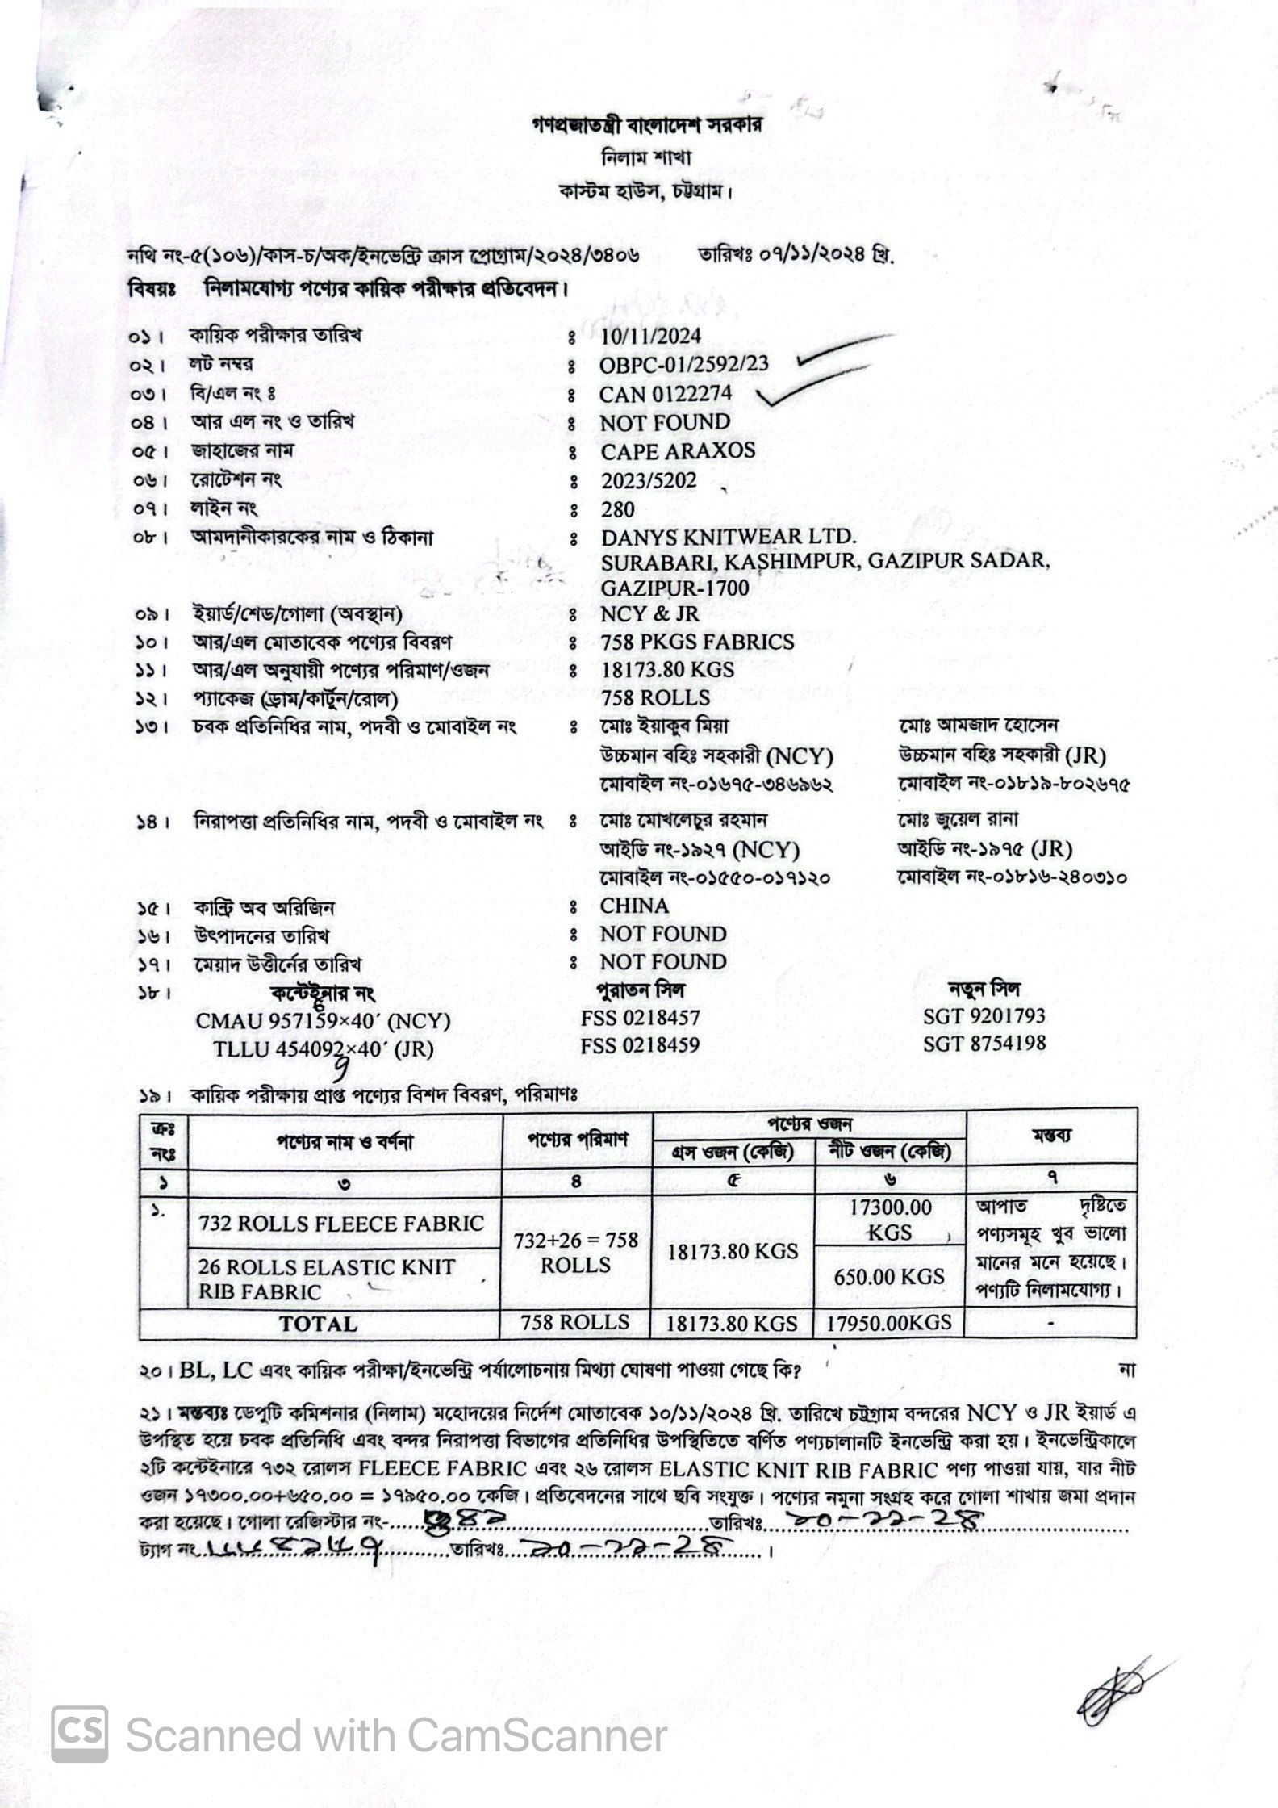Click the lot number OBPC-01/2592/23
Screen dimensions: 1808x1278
pos(683,365)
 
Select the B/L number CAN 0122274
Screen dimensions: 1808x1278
pos(666,394)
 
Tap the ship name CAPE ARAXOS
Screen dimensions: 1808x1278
pos(678,450)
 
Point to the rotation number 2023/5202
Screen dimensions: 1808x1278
pos(648,480)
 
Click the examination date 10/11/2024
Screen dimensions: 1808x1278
pos(651,336)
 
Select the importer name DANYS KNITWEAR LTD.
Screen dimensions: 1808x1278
pos(729,537)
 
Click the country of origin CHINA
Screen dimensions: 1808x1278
pos(634,906)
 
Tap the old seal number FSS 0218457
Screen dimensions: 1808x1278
pos(640,1018)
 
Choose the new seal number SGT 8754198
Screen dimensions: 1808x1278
pos(984,1043)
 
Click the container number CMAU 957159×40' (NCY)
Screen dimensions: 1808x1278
pos(323,1021)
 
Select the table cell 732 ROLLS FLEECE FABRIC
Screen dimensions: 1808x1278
pos(340,1224)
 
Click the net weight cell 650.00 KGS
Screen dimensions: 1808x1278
pos(888,1276)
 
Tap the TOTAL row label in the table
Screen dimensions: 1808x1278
pos(318,1324)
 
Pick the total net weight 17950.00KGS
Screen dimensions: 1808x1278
pos(888,1323)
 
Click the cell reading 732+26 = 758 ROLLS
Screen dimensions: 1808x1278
pos(575,1252)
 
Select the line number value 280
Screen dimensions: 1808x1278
pos(617,509)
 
